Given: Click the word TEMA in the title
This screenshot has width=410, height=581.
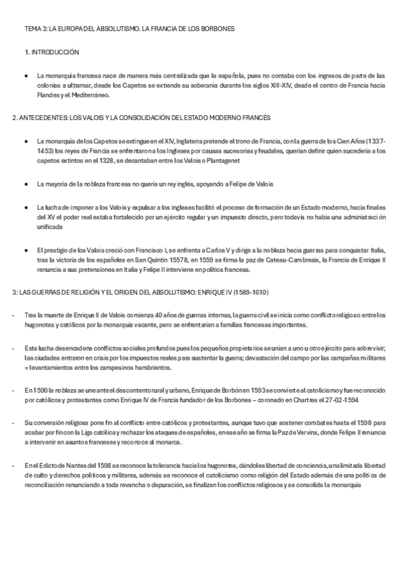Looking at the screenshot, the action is tap(32, 29).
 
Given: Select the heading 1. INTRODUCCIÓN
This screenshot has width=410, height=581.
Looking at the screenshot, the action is tap(51, 52).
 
